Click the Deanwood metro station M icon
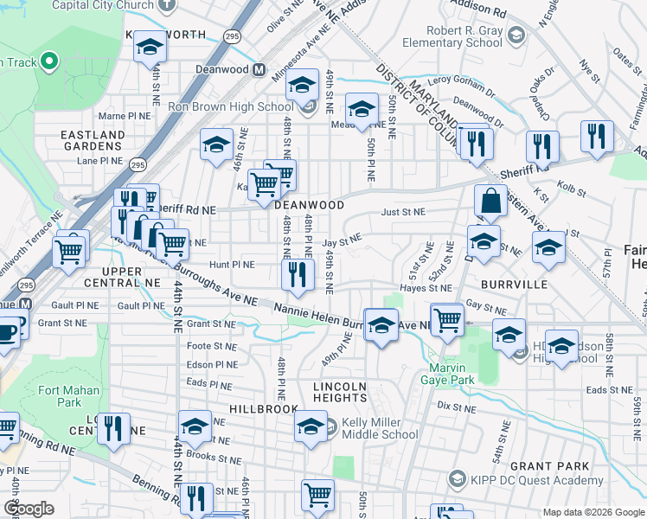click(259, 70)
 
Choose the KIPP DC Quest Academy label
click(536, 480)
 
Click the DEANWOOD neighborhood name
click(310, 206)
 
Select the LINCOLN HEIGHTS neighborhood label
click(340, 391)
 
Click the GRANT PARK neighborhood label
click(550, 466)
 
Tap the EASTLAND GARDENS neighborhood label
click(93, 141)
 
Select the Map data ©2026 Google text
click(593, 512)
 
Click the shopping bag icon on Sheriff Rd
click(490, 202)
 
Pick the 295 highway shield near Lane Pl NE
click(138, 163)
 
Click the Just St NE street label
click(403, 212)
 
